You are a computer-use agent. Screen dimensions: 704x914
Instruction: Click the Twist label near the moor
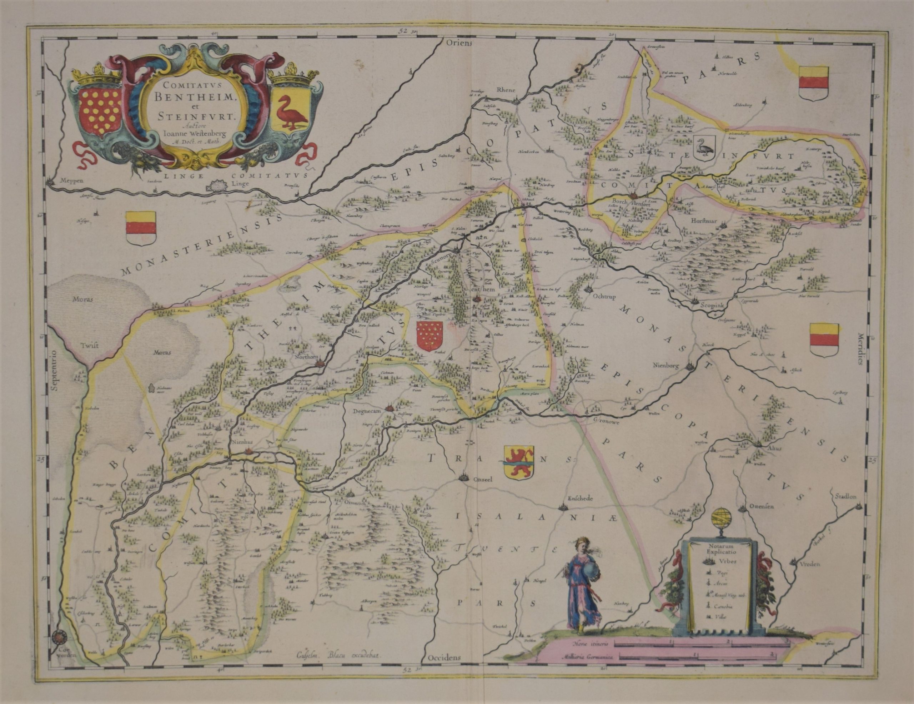coord(90,346)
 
